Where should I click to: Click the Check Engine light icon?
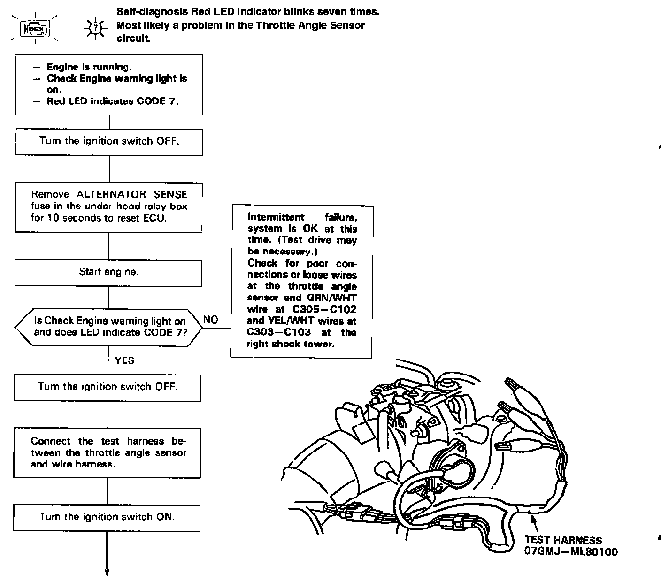(34, 30)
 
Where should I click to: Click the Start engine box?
(108, 273)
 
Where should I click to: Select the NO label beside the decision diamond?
(211, 320)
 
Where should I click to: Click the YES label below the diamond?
(124, 360)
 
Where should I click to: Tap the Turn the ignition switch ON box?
(107, 518)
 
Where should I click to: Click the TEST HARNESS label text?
(563, 540)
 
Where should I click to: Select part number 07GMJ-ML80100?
(571, 551)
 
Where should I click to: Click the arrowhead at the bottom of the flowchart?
(107, 572)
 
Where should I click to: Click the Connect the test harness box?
(108, 453)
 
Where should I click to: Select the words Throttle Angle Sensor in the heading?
(310, 26)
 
